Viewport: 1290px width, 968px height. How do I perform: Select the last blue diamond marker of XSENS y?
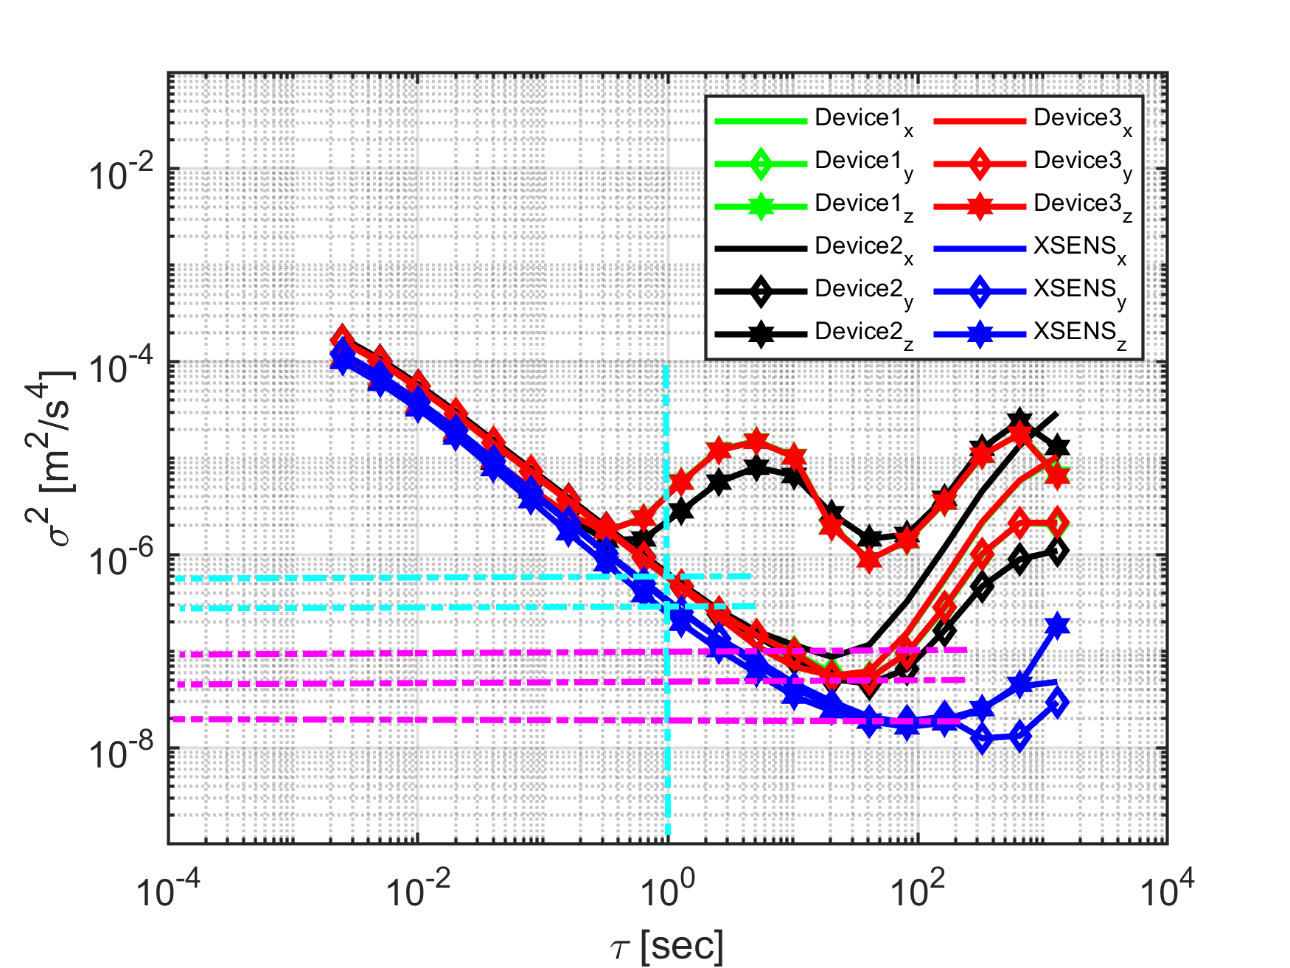click(x=1058, y=703)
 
